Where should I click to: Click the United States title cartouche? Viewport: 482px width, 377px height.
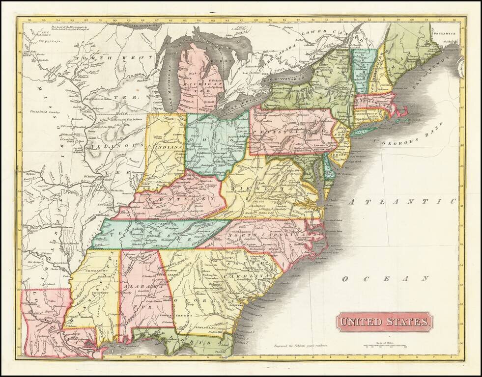click(x=384, y=322)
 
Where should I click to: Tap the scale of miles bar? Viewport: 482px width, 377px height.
click(x=386, y=347)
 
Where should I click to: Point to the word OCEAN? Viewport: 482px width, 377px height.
click(x=386, y=278)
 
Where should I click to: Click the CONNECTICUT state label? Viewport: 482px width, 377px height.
click(x=367, y=114)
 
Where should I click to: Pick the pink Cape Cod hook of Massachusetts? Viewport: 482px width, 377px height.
click(x=404, y=110)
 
